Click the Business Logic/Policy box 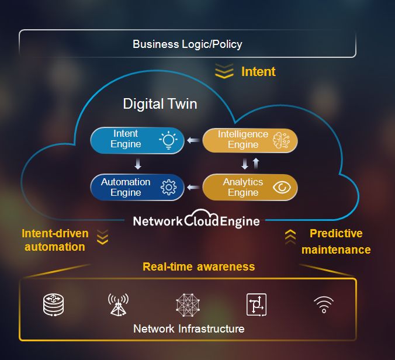click(x=187, y=44)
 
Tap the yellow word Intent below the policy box click(x=258, y=72)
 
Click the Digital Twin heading click(x=160, y=104)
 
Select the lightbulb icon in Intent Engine click(x=168, y=140)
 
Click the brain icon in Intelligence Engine click(x=282, y=140)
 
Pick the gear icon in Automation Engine click(x=168, y=188)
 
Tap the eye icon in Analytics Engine click(x=282, y=188)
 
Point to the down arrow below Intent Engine click(x=138, y=164)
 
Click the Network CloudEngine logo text click(x=196, y=221)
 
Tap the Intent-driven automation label click(x=55, y=240)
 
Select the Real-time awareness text click(x=199, y=266)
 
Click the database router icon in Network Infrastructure click(x=53, y=304)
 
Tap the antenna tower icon click(x=118, y=304)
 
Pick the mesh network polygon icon click(x=188, y=304)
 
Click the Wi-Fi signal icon click(x=324, y=304)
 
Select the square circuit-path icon click(x=256, y=304)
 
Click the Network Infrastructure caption click(x=188, y=328)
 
